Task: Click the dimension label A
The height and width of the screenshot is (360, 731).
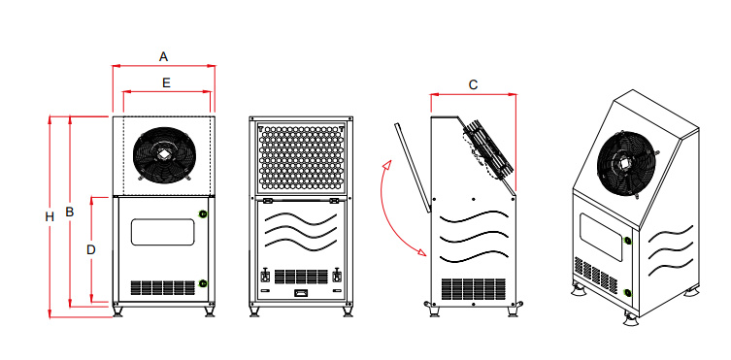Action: click(x=163, y=57)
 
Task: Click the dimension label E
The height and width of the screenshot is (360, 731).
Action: click(x=166, y=82)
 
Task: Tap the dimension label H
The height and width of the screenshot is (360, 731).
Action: click(x=50, y=216)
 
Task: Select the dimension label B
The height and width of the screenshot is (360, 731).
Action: click(x=70, y=212)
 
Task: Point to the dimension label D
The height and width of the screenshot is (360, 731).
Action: click(x=91, y=250)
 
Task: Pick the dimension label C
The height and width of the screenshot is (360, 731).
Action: click(x=473, y=84)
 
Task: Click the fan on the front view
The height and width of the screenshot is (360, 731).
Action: click(x=164, y=154)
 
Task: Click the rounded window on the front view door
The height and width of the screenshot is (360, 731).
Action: click(x=162, y=232)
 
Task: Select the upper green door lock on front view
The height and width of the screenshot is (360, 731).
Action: click(x=203, y=213)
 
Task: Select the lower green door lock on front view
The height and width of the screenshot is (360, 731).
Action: click(x=203, y=283)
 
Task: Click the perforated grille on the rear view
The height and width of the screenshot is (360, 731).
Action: click(x=302, y=156)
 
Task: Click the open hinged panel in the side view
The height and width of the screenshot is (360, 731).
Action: click(x=413, y=167)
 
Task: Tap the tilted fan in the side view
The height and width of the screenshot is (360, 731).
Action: click(x=488, y=149)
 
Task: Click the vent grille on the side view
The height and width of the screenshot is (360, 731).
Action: click(x=473, y=289)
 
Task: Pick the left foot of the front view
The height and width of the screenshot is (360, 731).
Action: click(x=117, y=311)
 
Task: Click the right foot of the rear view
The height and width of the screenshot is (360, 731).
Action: click(x=348, y=311)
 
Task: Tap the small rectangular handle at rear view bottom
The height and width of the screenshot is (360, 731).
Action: click(x=301, y=293)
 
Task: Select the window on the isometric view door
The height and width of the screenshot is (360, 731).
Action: click(x=601, y=237)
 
